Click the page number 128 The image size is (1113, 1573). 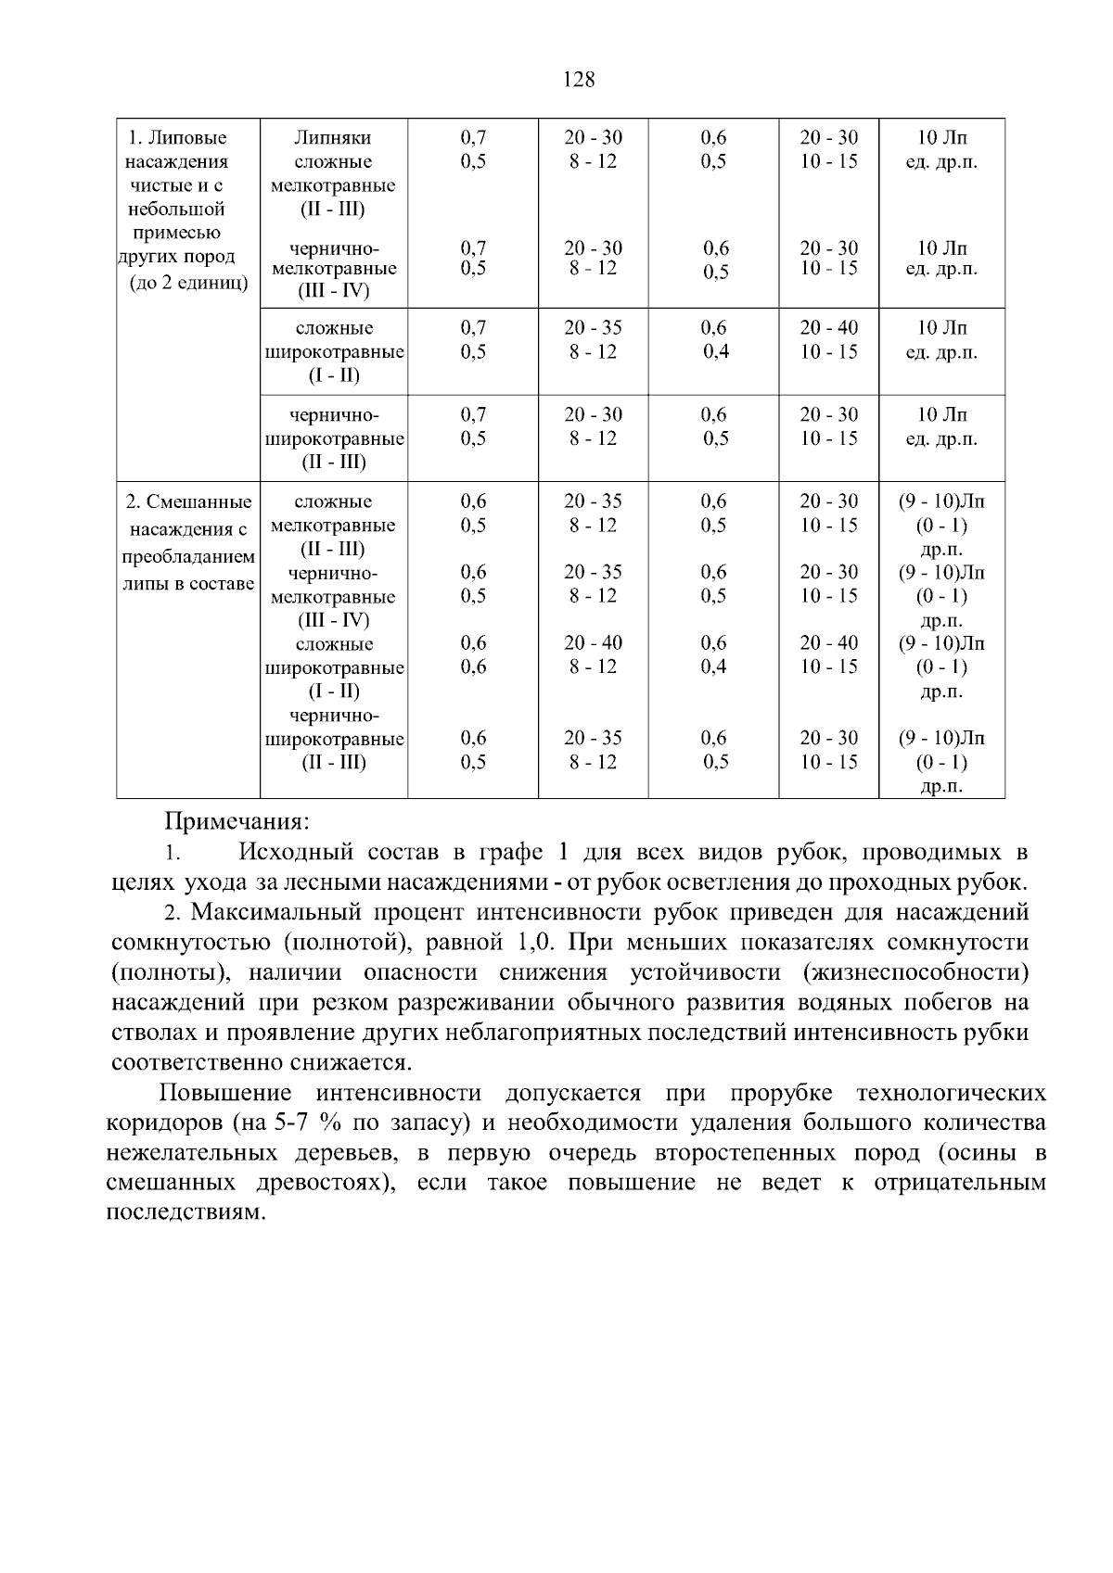click(579, 80)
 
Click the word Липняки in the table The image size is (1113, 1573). click(333, 138)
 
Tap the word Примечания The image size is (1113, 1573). click(237, 821)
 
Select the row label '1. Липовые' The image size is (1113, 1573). click(177, 138)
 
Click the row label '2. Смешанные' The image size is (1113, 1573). click(189, 502)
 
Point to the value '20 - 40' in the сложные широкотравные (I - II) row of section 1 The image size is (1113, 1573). click(828, 328)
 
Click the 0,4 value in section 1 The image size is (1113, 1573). click(714, 352)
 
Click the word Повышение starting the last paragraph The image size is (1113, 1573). click(225, 1094)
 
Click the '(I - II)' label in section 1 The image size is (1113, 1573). click(333, 376)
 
